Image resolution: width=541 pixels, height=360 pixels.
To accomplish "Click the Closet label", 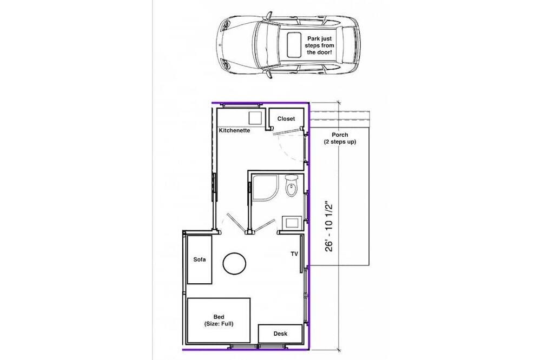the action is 286,118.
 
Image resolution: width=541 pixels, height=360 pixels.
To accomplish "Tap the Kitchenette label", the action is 234,130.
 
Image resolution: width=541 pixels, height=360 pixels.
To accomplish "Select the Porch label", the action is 340,135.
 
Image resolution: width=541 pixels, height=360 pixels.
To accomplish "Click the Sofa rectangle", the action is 199,259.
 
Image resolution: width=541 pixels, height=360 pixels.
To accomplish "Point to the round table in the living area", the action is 234,264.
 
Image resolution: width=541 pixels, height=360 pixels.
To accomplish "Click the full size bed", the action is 219,321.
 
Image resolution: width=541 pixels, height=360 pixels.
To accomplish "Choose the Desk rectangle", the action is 280,334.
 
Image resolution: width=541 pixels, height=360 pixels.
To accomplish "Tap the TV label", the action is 294,254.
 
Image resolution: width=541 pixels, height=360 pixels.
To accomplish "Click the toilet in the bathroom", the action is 292,185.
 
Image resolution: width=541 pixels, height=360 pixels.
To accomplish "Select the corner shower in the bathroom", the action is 265,187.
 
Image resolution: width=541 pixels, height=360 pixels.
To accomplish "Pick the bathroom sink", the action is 292,222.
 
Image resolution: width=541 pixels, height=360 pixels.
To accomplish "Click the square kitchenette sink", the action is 256,118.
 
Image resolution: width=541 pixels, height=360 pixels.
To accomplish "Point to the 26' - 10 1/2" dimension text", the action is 329,228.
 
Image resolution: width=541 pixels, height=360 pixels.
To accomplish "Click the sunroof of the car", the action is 294,44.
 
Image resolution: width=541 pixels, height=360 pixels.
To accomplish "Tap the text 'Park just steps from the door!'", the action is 319,45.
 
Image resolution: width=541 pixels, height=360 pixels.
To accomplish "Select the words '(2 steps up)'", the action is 340,142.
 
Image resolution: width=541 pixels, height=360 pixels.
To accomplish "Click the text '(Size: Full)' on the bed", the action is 219,324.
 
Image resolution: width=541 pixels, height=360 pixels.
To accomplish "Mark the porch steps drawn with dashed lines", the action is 340,116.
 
